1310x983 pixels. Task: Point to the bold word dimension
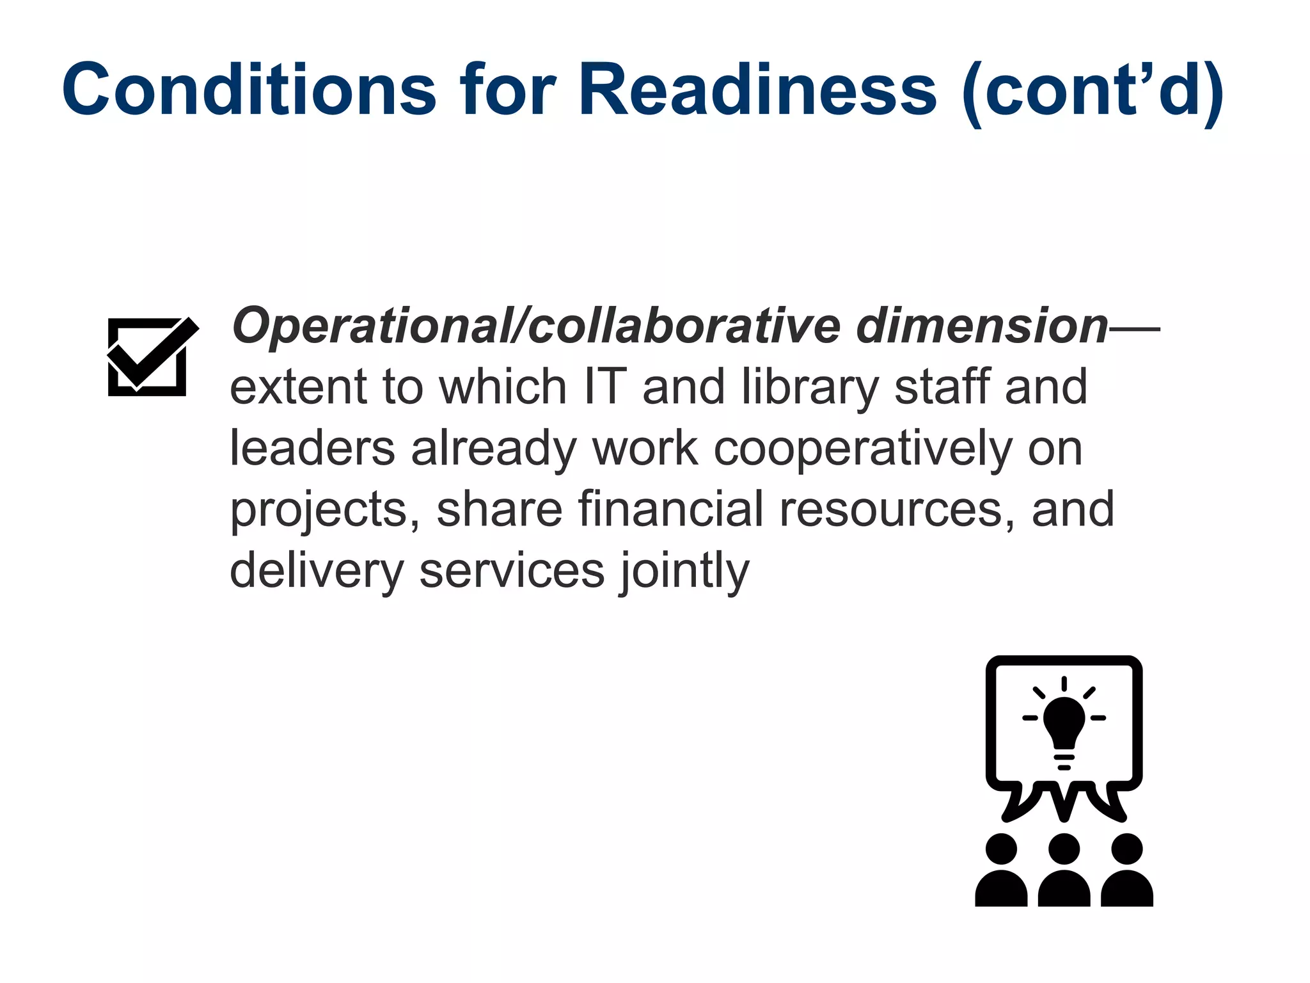[981, 326]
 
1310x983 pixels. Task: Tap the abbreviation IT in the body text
[604, 387]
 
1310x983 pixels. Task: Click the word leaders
[312, 448]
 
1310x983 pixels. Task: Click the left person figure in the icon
[1001, 872]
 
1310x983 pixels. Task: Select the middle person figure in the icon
[1064, 872]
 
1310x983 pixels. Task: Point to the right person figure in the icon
[1126, 872]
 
